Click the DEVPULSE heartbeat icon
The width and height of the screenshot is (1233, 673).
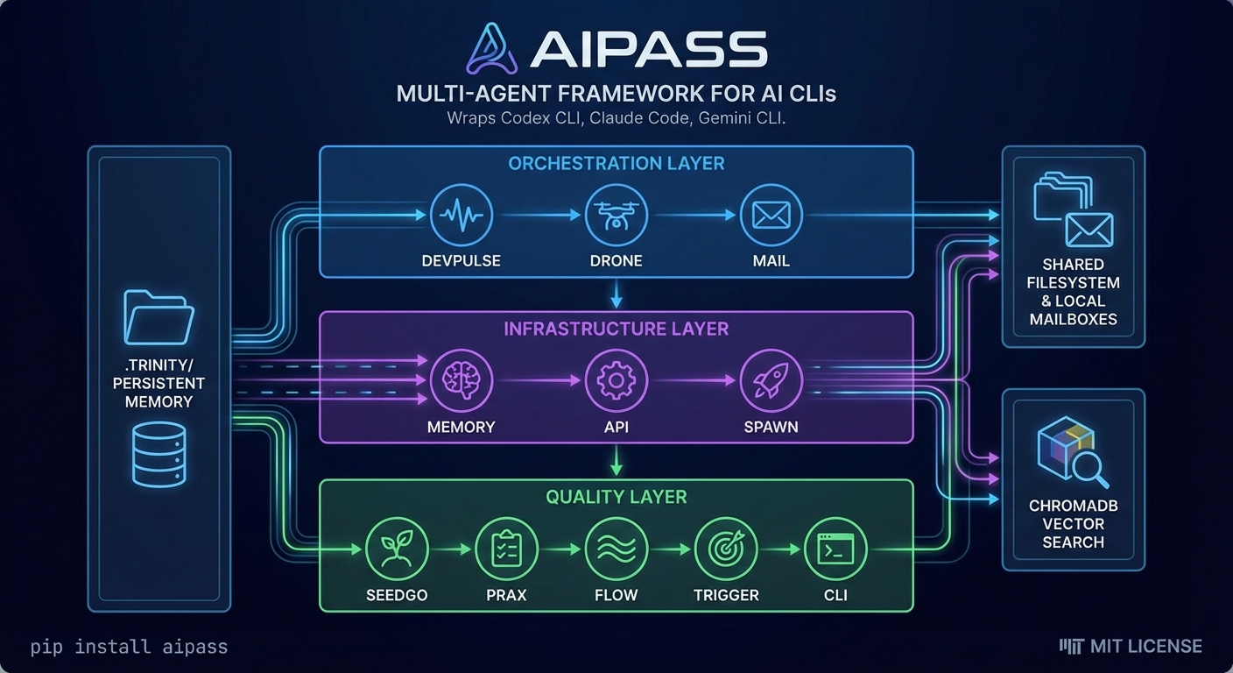[461, 215]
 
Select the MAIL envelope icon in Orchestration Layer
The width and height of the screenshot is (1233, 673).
[771, 215]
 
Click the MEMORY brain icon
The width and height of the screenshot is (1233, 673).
[461, 380]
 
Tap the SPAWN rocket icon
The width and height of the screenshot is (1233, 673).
[771, 380]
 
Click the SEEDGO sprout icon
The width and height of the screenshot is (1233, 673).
[397, 549]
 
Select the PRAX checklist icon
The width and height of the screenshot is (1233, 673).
[506, 549]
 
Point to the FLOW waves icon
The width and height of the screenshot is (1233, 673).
[616, 549]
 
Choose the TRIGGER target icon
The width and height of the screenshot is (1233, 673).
[725, 549]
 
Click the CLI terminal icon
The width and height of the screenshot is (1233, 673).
[835, 549]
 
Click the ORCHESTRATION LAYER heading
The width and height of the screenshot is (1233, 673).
[616, 164]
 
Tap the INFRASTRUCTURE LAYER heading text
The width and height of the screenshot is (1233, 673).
[616, 329]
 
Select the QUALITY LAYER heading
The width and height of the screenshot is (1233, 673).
[616, 497]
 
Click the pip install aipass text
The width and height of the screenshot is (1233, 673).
[129, 648]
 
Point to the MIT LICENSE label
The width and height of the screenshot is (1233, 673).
[1131, 647]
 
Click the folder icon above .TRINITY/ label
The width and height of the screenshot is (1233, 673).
[159, 316]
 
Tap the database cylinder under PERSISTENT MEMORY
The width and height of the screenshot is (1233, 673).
[159, 453]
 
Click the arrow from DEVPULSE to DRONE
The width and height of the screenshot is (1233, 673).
[538, 215]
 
